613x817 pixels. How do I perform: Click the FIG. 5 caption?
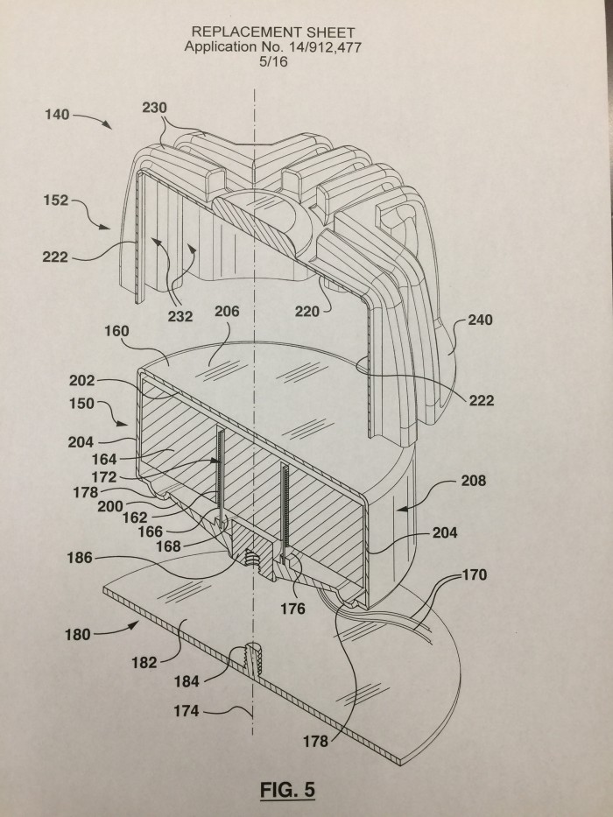tap(287, 789)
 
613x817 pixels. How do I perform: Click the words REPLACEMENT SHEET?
tap(273, 32)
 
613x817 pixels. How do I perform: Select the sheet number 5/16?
tap(273, 61)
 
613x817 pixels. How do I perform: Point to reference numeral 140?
tap(57, 114)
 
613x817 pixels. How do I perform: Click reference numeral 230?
tap(154, 108)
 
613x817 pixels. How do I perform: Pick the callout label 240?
tap(480, 320)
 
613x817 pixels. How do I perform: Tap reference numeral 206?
tap(227, 311)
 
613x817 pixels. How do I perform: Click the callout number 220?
tap(307, 312)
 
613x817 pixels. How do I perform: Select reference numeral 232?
tap(180, 316)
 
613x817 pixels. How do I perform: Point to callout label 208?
tap(473, 481)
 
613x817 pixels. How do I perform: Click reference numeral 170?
tap(475, 574)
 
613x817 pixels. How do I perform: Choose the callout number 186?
tap(79, 558)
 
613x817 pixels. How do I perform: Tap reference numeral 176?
tap(292, 609)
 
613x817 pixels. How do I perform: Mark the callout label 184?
tap(187, 681)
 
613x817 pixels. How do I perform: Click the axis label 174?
tap(186, 711)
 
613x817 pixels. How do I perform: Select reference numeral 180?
tap(78, 635)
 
